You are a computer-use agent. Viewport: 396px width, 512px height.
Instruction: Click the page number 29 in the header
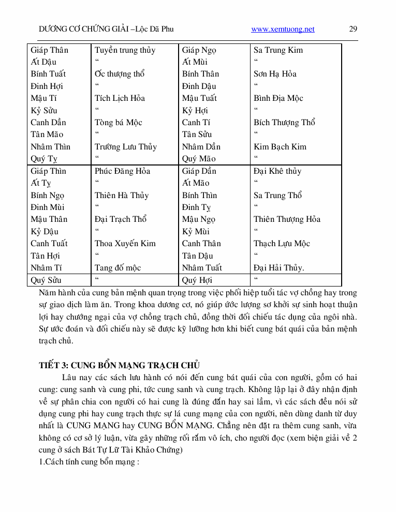point(353,29)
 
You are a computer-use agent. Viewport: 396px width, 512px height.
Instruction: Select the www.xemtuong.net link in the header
point(283,29)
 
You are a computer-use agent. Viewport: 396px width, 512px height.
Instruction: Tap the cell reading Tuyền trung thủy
point(125,50)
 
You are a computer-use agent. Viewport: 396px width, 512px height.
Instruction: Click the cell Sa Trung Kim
point(278,50)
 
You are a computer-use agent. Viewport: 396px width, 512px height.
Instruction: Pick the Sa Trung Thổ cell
point(277,195)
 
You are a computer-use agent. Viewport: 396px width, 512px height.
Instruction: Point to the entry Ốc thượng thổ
point(119,74)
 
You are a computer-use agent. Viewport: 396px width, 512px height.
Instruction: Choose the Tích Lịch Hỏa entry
point(120,98)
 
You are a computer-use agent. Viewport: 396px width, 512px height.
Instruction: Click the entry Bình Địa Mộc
point(278,98)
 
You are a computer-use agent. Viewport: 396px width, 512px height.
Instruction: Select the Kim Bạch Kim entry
point(280,147)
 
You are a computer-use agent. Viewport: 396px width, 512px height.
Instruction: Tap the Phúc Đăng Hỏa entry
point(122,171)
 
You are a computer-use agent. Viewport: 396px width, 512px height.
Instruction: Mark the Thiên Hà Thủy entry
point(122,195)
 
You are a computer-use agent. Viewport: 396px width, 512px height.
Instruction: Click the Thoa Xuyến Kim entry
point(125,244)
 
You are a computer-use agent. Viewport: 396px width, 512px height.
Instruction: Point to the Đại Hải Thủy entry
point(278,268)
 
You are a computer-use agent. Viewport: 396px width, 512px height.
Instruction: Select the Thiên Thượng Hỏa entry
point(287,219)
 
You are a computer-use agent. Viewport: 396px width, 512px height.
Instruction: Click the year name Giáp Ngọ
point(199,50)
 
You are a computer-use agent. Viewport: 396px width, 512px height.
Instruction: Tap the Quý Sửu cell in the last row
point(46,280)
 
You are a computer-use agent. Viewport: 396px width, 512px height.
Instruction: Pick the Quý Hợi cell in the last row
point(197,280)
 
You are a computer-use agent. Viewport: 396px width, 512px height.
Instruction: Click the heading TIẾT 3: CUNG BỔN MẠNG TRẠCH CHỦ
point(119,365)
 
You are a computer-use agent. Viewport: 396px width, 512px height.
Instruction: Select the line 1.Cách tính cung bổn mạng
point(90,461)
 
